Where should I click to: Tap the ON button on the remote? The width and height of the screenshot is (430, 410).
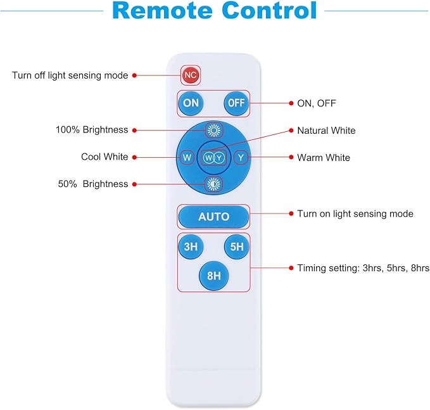(x=191, y=103)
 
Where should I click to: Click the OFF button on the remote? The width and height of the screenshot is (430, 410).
(x=236, y=103)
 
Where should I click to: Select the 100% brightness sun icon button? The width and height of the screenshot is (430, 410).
(x=214, y=130)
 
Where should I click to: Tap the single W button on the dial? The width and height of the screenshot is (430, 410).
(x=187, y=158)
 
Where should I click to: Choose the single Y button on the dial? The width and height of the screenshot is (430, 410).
(x=241, y=158)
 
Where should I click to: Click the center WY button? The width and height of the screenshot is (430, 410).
(x=213, y=158)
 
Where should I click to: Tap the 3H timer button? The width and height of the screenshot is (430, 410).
(x=191, y=247)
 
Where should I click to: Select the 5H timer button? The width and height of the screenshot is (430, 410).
(x=237, y=247)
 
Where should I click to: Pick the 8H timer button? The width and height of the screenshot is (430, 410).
(x=213, y=276)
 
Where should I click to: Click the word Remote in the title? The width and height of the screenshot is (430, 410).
(x=163, y=11)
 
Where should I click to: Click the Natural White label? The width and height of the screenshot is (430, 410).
(x=326, y=131)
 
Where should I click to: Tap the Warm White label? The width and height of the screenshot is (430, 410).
(x=324, y=158)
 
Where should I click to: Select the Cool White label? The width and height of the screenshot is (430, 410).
(x=104, y=157)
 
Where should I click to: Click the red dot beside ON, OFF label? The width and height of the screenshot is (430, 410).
(x=291, y=103)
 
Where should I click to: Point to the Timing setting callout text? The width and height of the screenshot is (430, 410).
(x=364, y=268)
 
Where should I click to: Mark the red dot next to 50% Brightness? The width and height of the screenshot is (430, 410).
(x=134, y=184)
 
